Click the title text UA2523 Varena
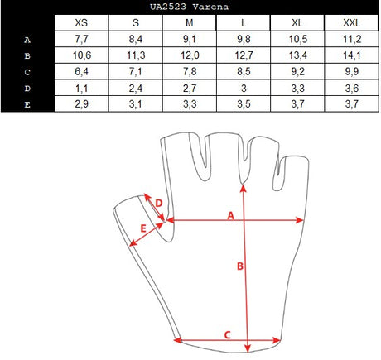pos(190,7)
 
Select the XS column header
pos(81,22)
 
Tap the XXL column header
pos(351,22)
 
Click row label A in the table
pos(27,40)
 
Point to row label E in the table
pos(27,105)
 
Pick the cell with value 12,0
pos(190,55)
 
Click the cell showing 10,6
pos(81,55)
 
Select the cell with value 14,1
pos(351,55)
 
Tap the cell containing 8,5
pos(244,71)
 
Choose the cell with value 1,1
pos(81,88)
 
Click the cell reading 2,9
pos(81,104)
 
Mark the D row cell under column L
pos(244,88)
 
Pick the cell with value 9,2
pos(297,71)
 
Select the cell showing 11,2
pos(351,39)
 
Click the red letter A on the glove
pos(231,215)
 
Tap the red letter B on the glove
pos(240,266)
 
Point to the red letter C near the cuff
pos(227,335)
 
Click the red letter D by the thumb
pos(159,204)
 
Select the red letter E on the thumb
pos(143,228)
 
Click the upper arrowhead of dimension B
pos(243,188)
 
